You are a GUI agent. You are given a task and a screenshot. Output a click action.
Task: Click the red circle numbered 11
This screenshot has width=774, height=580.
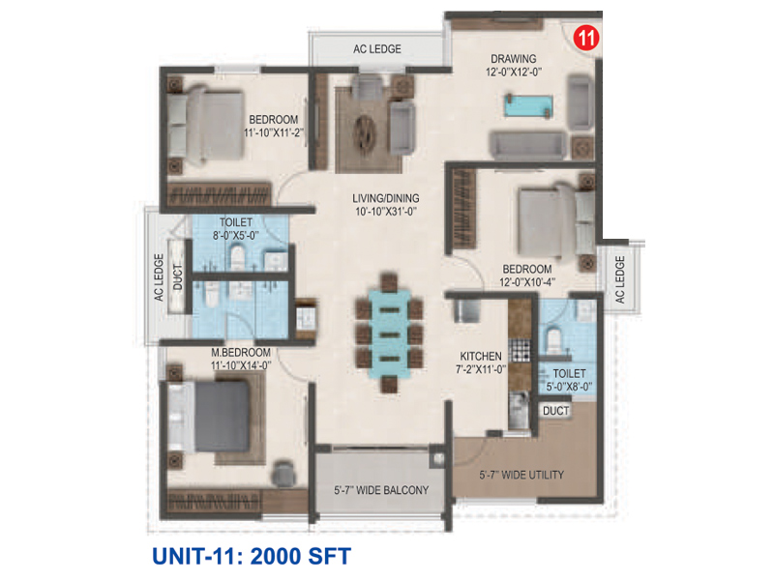click(x=584, y=39)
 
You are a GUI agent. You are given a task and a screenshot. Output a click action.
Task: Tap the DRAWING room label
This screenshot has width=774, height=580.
click(x=512, y=58)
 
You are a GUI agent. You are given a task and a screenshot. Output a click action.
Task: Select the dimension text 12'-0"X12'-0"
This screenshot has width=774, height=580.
click(x=512, y=72)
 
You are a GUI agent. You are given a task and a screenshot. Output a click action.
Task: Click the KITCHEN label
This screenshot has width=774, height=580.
click(x=480, y=355)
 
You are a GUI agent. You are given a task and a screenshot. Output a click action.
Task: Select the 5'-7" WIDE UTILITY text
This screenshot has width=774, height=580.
click(x=522, y=476)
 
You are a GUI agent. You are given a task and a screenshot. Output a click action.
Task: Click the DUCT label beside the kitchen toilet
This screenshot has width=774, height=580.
click(x=554, y=411)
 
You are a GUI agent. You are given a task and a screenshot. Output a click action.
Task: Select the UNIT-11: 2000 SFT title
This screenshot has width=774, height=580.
click(x=250, y=556)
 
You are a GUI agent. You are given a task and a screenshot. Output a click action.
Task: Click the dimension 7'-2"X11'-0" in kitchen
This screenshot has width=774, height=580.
click(x=480, y=368)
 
